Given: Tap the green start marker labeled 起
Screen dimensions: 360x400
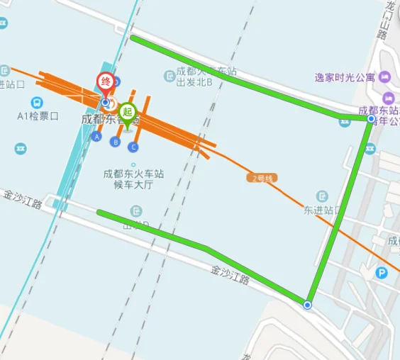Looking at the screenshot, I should pyautogui.click(x=127, y=112).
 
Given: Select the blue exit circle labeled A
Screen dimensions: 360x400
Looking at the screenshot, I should pyautogui.click(x=96, y=136).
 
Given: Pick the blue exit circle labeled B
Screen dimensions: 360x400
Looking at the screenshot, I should pyautogui.click(x=115, y=142).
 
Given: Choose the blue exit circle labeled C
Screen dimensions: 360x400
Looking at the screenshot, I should pyautogui.click(x=133, y=147).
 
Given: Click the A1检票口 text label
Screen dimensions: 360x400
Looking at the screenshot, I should pyautogui.click(x=38, y=116).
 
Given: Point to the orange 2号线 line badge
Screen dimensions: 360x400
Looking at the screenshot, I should pyautogui.click(x=262, y=179).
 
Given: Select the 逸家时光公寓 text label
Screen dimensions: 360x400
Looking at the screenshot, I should pyautogui.click(x=345, y=77).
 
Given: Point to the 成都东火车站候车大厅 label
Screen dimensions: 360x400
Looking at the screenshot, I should pyautogui.click(x=134, y=179).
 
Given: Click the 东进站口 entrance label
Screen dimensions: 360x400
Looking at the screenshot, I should pyautogui.click(x=323, y=210).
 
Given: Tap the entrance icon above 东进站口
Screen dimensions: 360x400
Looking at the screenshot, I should pyautogui.click(x=323, y=195).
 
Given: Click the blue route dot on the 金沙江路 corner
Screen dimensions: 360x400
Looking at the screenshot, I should pyautogui.click(x=308, y=305).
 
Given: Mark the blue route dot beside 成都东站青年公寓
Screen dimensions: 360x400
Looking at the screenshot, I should pyautogui.click(x=370, y=119).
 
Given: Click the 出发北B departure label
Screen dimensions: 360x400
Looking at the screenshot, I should pyautogui.click(x=195, y=82).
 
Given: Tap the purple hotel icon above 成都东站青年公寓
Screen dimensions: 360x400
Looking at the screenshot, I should pyautogui.click(x=388, y=98).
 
